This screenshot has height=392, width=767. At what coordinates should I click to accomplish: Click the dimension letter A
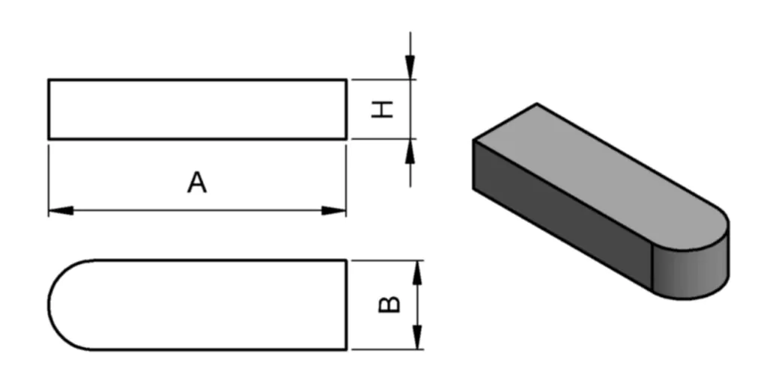[196, 183]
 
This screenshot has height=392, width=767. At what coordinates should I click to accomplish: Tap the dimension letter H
[383, 110]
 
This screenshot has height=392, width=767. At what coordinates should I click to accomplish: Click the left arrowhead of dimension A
[60, 210]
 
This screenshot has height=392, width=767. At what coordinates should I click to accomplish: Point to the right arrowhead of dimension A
[335, 210]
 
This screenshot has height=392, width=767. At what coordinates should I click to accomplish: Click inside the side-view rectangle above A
[197, 109]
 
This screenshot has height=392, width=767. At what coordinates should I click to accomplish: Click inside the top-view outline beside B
[210, 304]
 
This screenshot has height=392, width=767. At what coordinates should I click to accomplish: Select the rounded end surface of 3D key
[693, 269]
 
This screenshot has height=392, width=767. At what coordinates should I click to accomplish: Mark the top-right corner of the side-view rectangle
[346, 79]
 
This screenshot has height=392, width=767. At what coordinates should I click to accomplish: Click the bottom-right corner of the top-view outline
[346, 349]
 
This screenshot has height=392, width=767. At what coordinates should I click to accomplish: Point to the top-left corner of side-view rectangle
[49, 79]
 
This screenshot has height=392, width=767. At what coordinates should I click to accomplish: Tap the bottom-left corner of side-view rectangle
[49, 138]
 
